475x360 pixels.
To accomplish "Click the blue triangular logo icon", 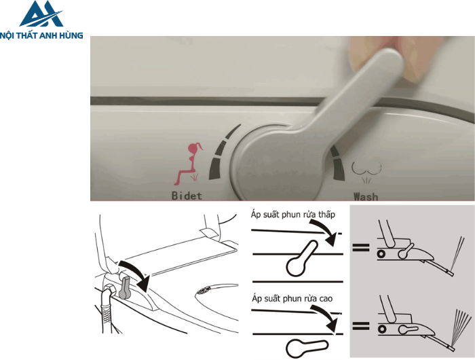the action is (x=41, y=14).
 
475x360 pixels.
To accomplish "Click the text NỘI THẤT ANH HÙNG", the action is (x=41, y=35).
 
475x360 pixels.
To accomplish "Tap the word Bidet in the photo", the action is (x=187, y=196).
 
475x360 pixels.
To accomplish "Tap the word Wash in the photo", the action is (x=366, y=196).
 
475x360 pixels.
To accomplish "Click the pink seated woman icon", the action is (x=188, y=164).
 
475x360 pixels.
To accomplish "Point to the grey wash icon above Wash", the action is (x=366, y=172).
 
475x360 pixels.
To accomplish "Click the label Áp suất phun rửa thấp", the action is (x=293, y=215).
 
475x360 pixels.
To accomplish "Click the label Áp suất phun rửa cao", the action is (x=292, y=299).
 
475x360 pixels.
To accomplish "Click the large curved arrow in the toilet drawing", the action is (x=135, y=272).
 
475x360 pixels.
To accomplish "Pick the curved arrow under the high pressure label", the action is (x=326, y=317).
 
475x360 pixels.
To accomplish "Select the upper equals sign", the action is (x=361, y=247).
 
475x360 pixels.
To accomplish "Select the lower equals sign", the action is (x=361, y=326).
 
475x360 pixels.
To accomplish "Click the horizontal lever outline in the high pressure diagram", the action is (x=307, y=348).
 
